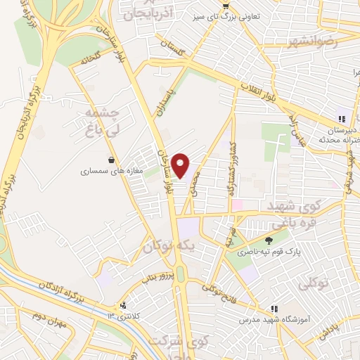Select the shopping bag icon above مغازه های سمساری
tap(112, 160)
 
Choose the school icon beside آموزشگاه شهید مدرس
tap(274, 309)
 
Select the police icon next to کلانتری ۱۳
tap(124, 305)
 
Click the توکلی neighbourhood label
tap(313, 284)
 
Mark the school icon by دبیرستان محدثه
tap(341, 120)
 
